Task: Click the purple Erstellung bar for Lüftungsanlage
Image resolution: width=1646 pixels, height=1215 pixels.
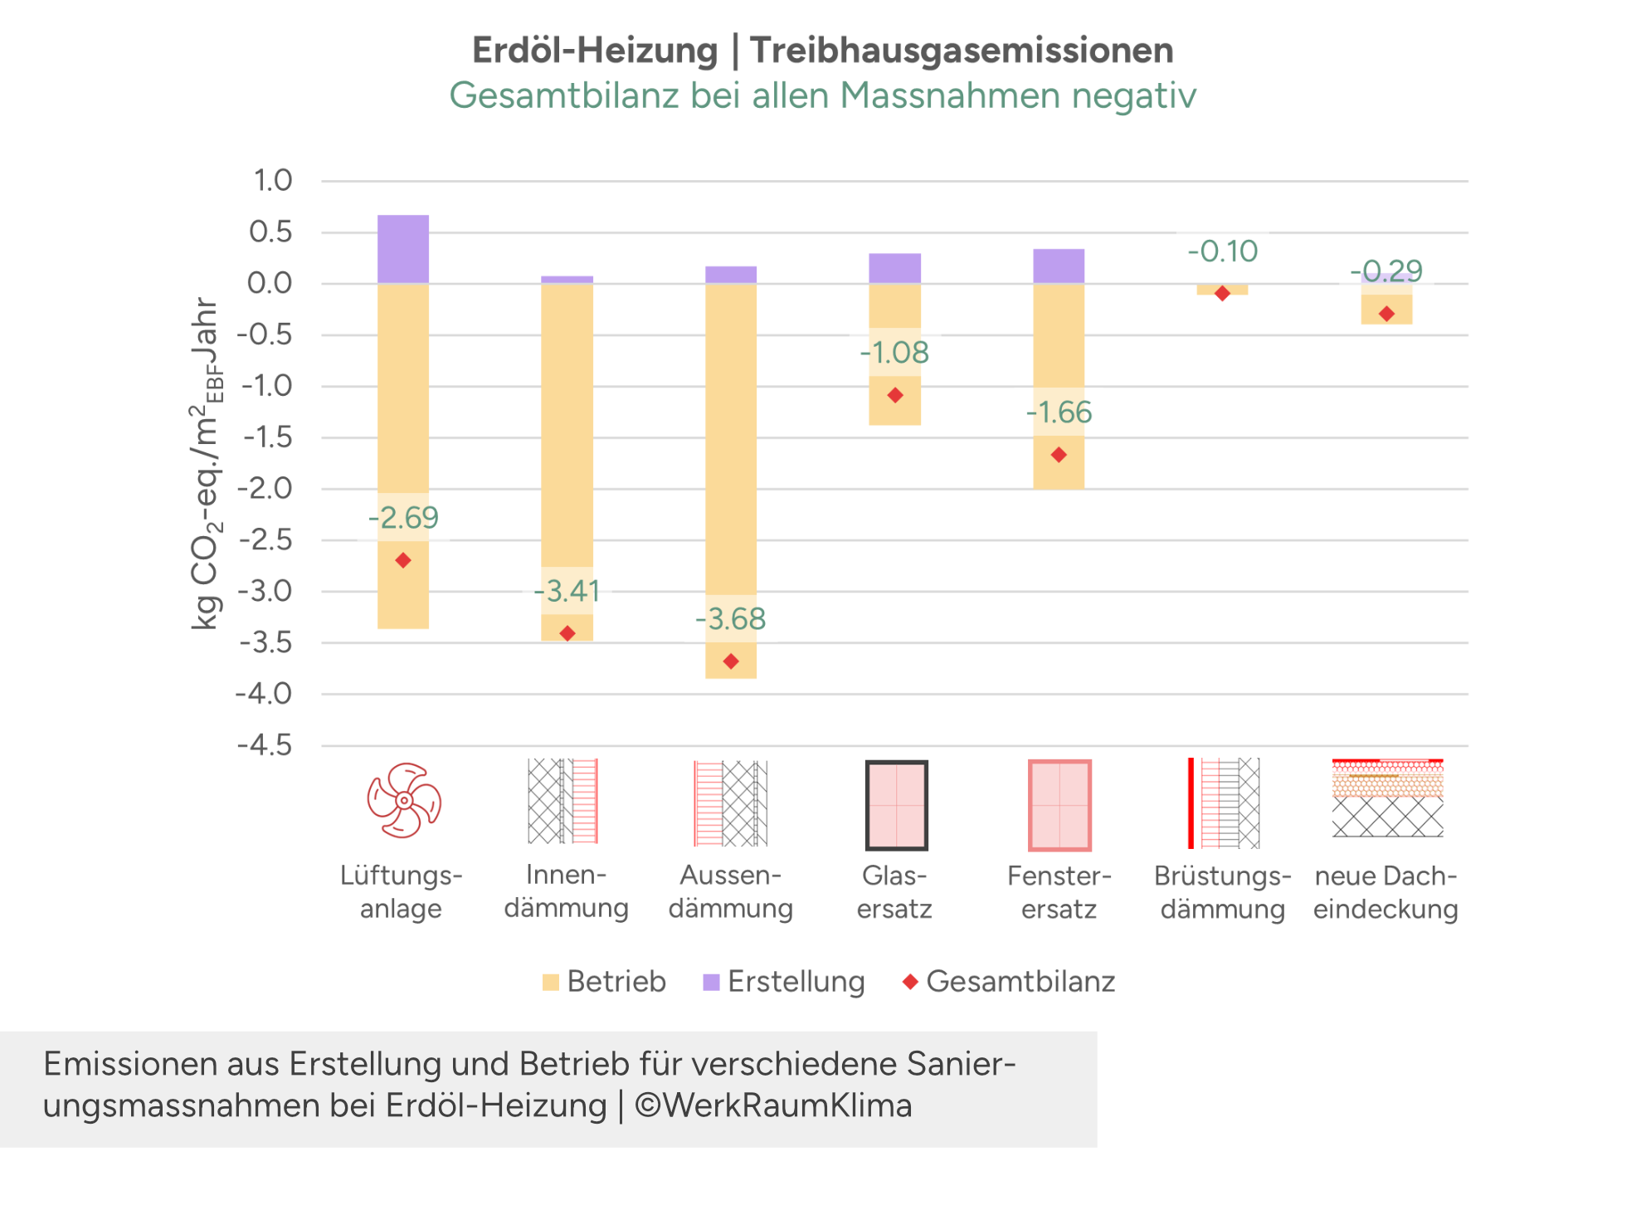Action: [403, 249]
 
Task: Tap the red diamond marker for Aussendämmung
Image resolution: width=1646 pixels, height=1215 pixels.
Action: [731, 661]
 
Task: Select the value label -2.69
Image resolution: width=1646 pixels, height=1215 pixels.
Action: [404, 518]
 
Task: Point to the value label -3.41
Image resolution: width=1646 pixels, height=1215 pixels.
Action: [567, 591]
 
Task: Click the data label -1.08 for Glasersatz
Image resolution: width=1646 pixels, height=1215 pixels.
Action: [894, 353]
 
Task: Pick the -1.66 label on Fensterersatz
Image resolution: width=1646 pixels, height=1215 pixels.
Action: [1059, 412]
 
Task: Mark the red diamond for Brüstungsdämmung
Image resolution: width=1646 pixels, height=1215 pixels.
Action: [1222, 294]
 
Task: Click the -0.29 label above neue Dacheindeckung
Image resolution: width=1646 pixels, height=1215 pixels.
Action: [1386, 271]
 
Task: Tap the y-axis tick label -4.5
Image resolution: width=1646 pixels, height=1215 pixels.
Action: [265, 745]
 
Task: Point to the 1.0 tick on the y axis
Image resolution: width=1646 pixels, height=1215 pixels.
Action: [272, 180]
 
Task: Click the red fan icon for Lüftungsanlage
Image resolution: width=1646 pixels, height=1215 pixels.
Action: [404, 801]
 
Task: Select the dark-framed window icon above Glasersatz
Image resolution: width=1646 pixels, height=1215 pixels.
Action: [896, 805]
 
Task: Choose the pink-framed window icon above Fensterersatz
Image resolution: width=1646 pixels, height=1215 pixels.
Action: [1059, 805]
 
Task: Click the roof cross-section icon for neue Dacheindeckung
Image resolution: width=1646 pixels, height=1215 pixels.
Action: [1387, 798]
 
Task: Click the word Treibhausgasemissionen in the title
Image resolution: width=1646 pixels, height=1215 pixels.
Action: [962, 51]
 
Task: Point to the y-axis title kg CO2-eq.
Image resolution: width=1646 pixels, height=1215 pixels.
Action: [205, 465]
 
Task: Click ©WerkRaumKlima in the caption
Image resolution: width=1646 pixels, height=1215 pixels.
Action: [773, 1105]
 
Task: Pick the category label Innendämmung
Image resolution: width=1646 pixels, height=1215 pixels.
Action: [567, 891]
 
